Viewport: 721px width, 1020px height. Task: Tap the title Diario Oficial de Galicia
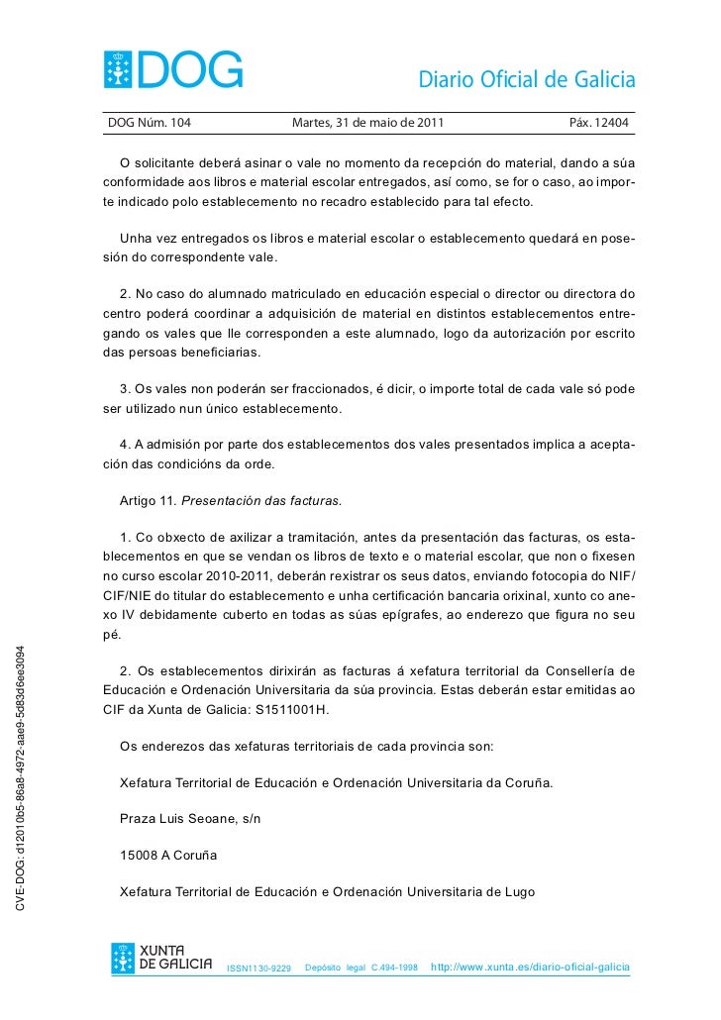pyautogui.click(x=526, y=79)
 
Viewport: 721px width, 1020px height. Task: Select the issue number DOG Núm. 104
pyautogui.click(x=149, y=124)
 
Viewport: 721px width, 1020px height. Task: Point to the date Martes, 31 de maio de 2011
pyautogui.click(x=368, y=124)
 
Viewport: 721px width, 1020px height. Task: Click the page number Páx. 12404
pyautogui.click(x=598, y=124)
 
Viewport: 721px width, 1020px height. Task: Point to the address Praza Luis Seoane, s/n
pyautogui.click(x=190, y=819)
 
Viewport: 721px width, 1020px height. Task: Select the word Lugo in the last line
pyautogui.click(x=519, y=892)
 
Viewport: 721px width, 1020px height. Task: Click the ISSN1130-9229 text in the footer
pyautogui.click(x=259, y=968)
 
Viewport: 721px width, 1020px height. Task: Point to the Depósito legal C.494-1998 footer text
pyautogui.click(x=361, y=967)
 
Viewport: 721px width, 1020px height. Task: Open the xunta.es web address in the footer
pyautogui.click(x=530, y=966)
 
